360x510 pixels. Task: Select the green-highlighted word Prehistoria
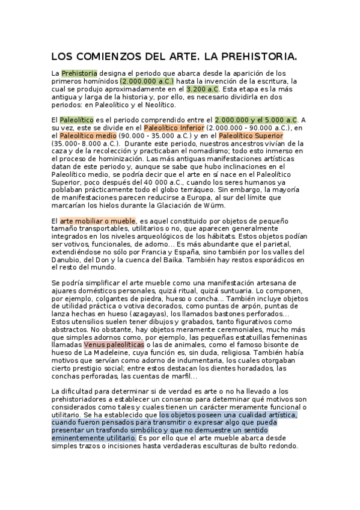tap(79, 73)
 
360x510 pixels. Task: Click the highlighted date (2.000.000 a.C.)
tap(147, 81)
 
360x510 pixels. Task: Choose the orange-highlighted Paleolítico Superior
tap(251, 136)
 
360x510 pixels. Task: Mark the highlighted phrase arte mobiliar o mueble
tap(97, 222)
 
